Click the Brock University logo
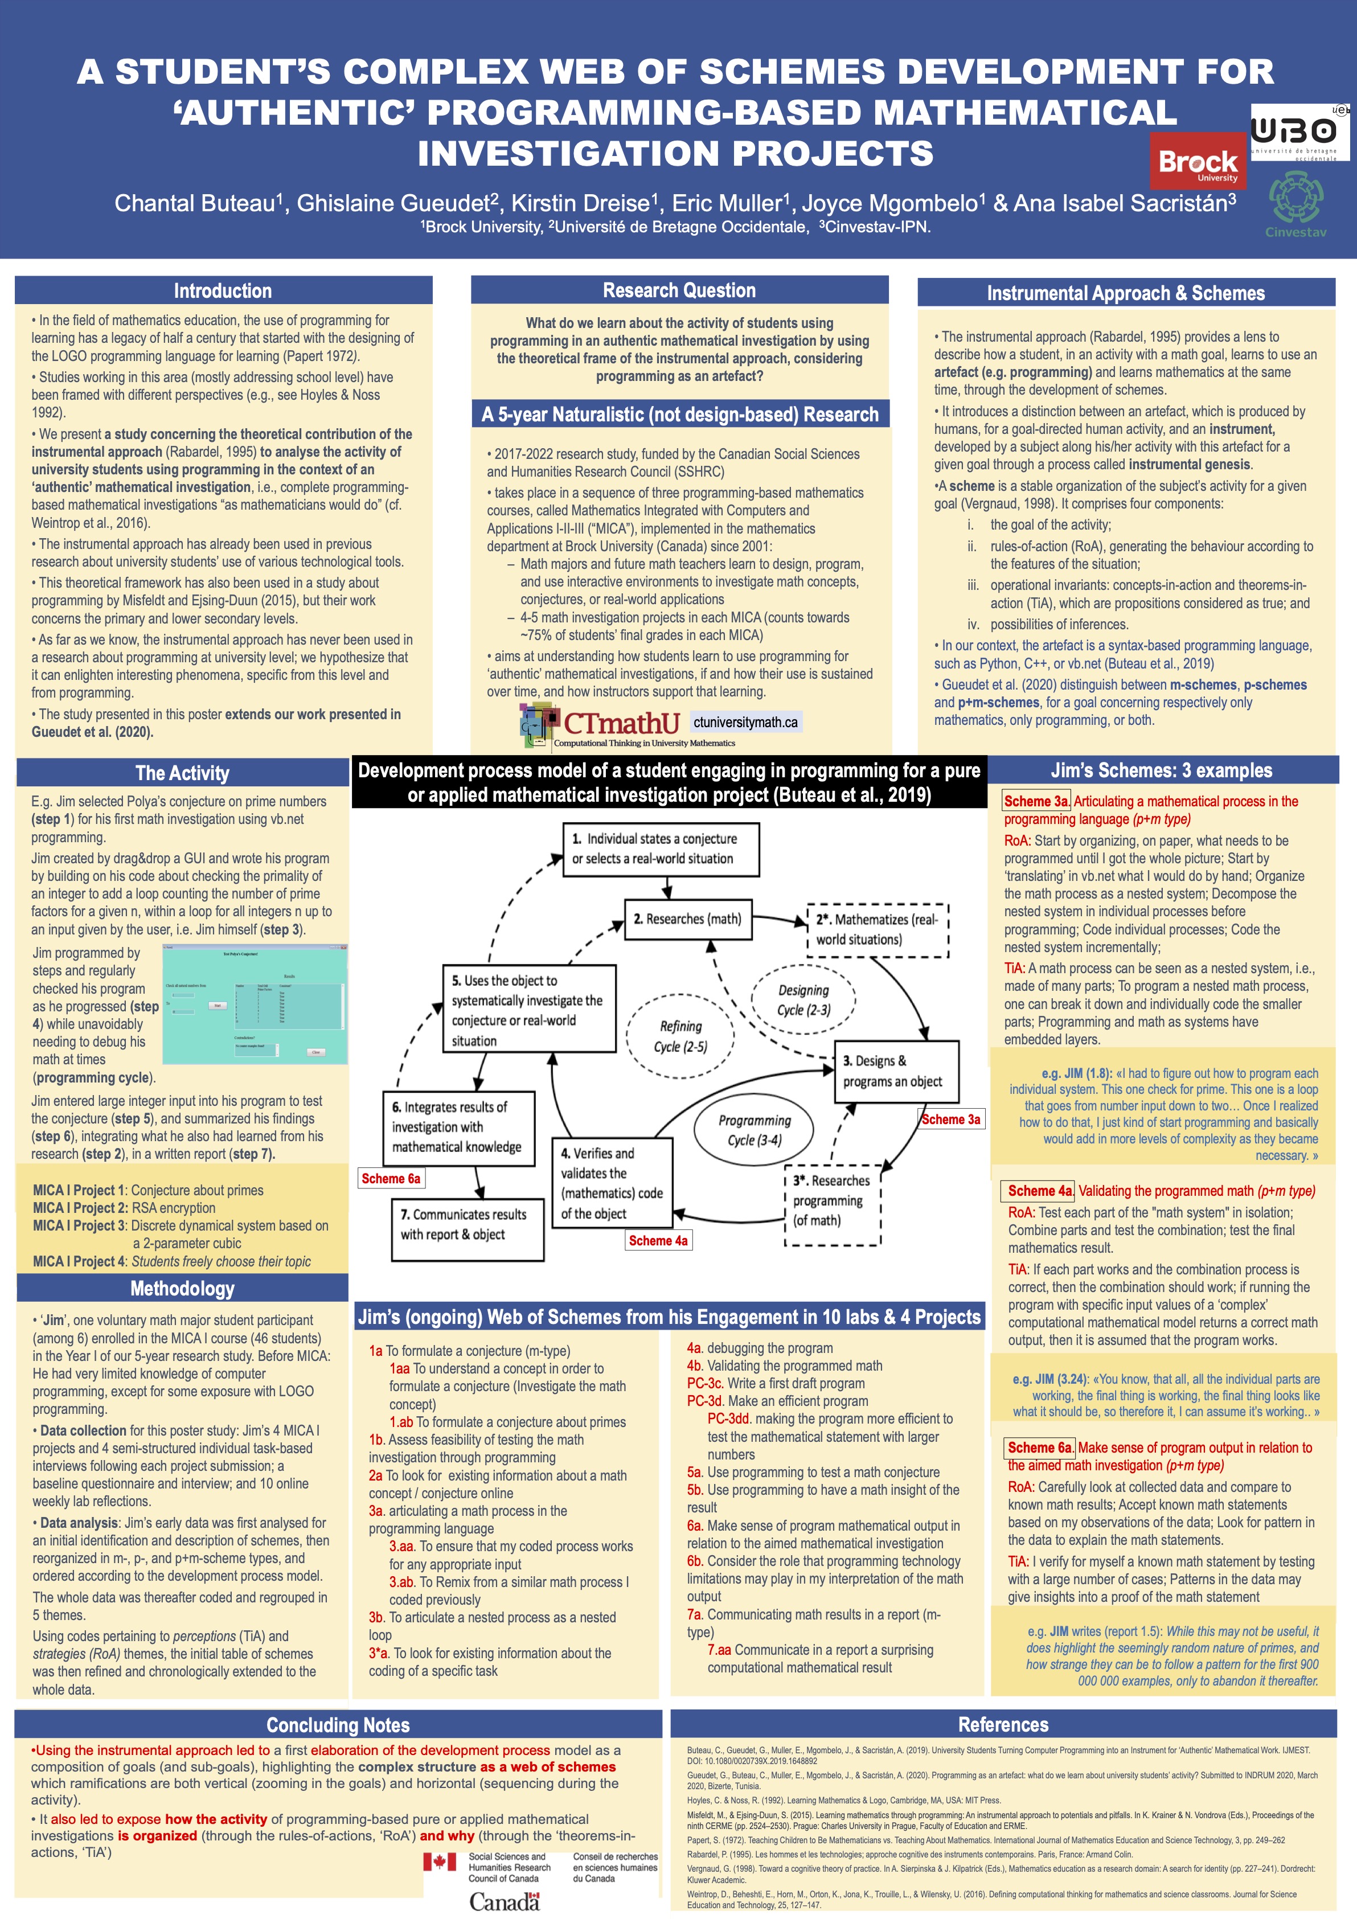[x=1198, y=162]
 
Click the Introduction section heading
[x=223, y=291]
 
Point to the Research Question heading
[x=679, y=290]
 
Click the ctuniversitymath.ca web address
[x=745, y=722]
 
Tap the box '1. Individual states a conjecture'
[x=660, y=848]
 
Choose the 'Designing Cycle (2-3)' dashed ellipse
[x=804, y=999]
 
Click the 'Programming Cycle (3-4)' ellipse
[x=755, y=1130]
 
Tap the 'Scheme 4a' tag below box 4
[x=658, y=1240]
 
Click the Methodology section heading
[x=182, y=1288]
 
